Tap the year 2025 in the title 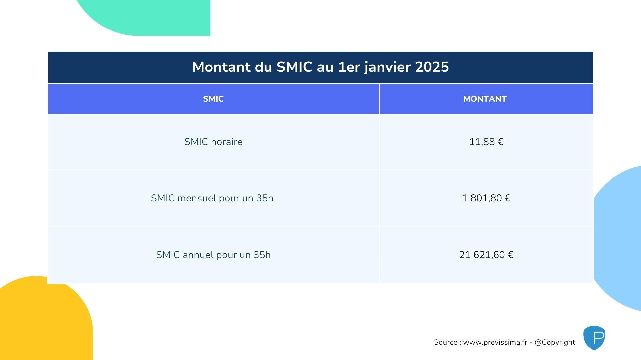[x=432, y=67]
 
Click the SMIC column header [x=213, y=99]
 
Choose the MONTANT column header [x=485, y=99]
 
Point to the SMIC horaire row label [x=213, y=142]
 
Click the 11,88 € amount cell [x=486, y=142]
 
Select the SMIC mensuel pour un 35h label [x=212, y=198]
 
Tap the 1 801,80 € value [x=486, y=198]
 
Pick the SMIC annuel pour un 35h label [x=213, y=255]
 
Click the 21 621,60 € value [x=486, y=255]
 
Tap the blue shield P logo [x=594, y=338]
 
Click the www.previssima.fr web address [x=495, y=342]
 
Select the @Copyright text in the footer [x=555, y=343]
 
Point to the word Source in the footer [x=446, y=342]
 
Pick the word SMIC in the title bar [x=294, y=67]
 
